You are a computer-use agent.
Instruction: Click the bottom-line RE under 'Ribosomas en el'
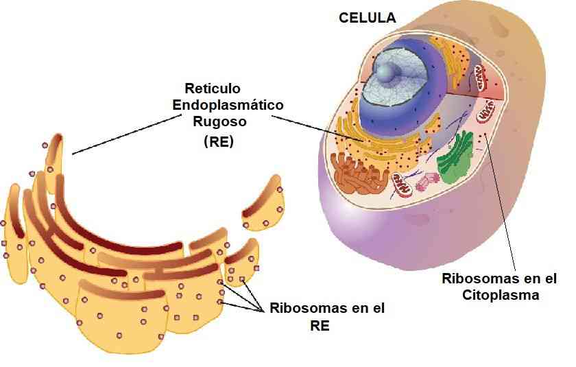(320, 326)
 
